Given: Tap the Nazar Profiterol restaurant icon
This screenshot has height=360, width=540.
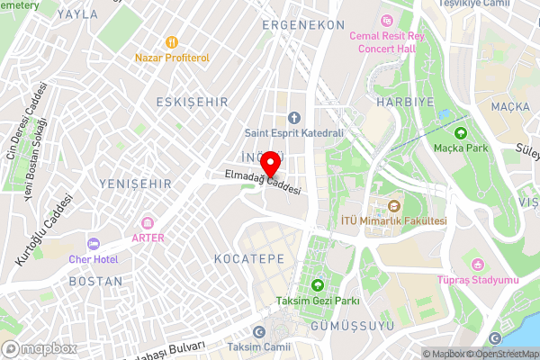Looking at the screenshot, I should pyautogui.click(x=171, y=41).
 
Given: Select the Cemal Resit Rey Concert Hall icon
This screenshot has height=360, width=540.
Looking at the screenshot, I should pyautogui.click(x=387, y=20).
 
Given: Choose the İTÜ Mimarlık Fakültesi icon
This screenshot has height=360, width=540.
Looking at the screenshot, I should pyautogui.click(x=393, y=206).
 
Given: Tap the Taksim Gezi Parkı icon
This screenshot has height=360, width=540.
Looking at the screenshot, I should pyautogui.click(x=317, y=285).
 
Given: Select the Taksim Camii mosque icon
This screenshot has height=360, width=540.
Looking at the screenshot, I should pyautogui.click(x=260, y=331).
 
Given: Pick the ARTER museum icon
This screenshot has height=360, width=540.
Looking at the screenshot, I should pyautogui.click(x=148, y=222).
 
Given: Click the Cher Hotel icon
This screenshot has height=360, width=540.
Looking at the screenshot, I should pyautogui.click(x=93, y=244).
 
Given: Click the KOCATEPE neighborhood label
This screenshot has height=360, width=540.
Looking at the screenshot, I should pyautogui.click(x=249, y=258).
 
